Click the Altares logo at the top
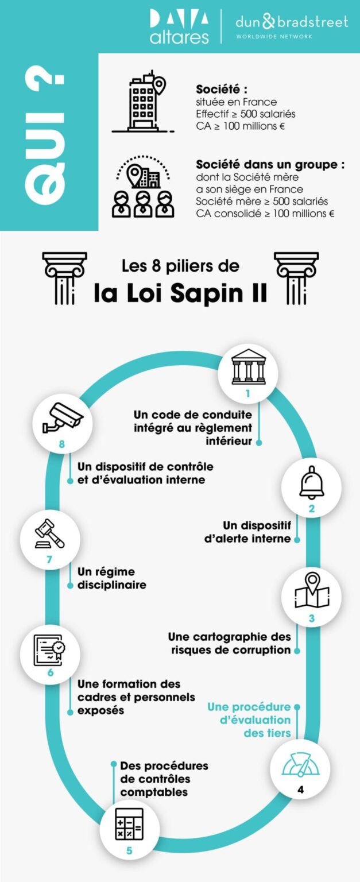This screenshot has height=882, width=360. tap(179, 27)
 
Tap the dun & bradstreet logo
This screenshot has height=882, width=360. tap(291, 26)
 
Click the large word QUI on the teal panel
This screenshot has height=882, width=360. tap(45, 141)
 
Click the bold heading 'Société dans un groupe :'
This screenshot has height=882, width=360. tap(270, 164)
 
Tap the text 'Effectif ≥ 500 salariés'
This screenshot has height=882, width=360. tap(246, 114)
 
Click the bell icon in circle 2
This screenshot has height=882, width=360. tap(311, 483)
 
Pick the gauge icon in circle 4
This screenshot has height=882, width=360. tap(300, 764)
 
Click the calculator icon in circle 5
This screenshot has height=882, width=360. tap(129, 824)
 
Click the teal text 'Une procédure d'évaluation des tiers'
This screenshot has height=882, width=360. tap(249, 720)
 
